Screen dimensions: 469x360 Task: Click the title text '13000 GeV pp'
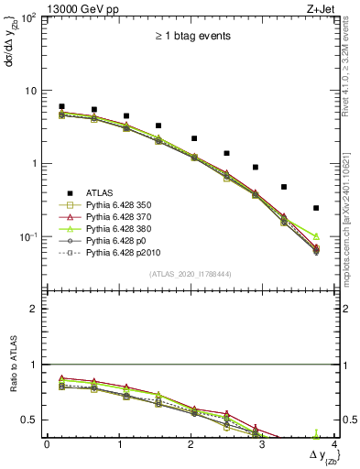75,7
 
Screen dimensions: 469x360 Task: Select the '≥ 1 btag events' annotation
192,36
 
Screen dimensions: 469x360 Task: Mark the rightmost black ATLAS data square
316,208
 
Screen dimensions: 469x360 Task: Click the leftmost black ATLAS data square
61,106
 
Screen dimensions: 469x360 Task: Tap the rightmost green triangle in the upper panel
316,236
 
